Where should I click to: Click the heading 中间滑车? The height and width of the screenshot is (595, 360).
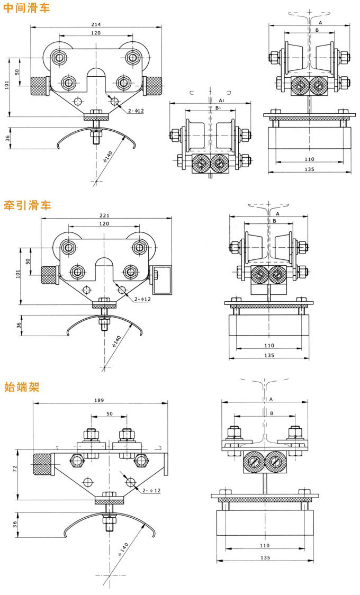tap(26, 8)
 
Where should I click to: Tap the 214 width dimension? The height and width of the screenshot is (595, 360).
tap(96, 24)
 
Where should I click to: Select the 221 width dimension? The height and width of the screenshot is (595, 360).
tap(104, 215)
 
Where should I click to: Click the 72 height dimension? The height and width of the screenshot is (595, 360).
tap(15, 468)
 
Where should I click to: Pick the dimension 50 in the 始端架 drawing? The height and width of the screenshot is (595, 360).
tap(110, 413)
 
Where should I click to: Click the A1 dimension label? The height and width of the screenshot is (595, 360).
tap(221, 100)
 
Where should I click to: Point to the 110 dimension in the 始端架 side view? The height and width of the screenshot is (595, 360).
tap(265, 545)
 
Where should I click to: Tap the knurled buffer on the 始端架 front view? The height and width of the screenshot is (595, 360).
tap(42, 464)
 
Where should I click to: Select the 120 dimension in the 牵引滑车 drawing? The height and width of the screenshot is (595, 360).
tap(104, 224)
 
